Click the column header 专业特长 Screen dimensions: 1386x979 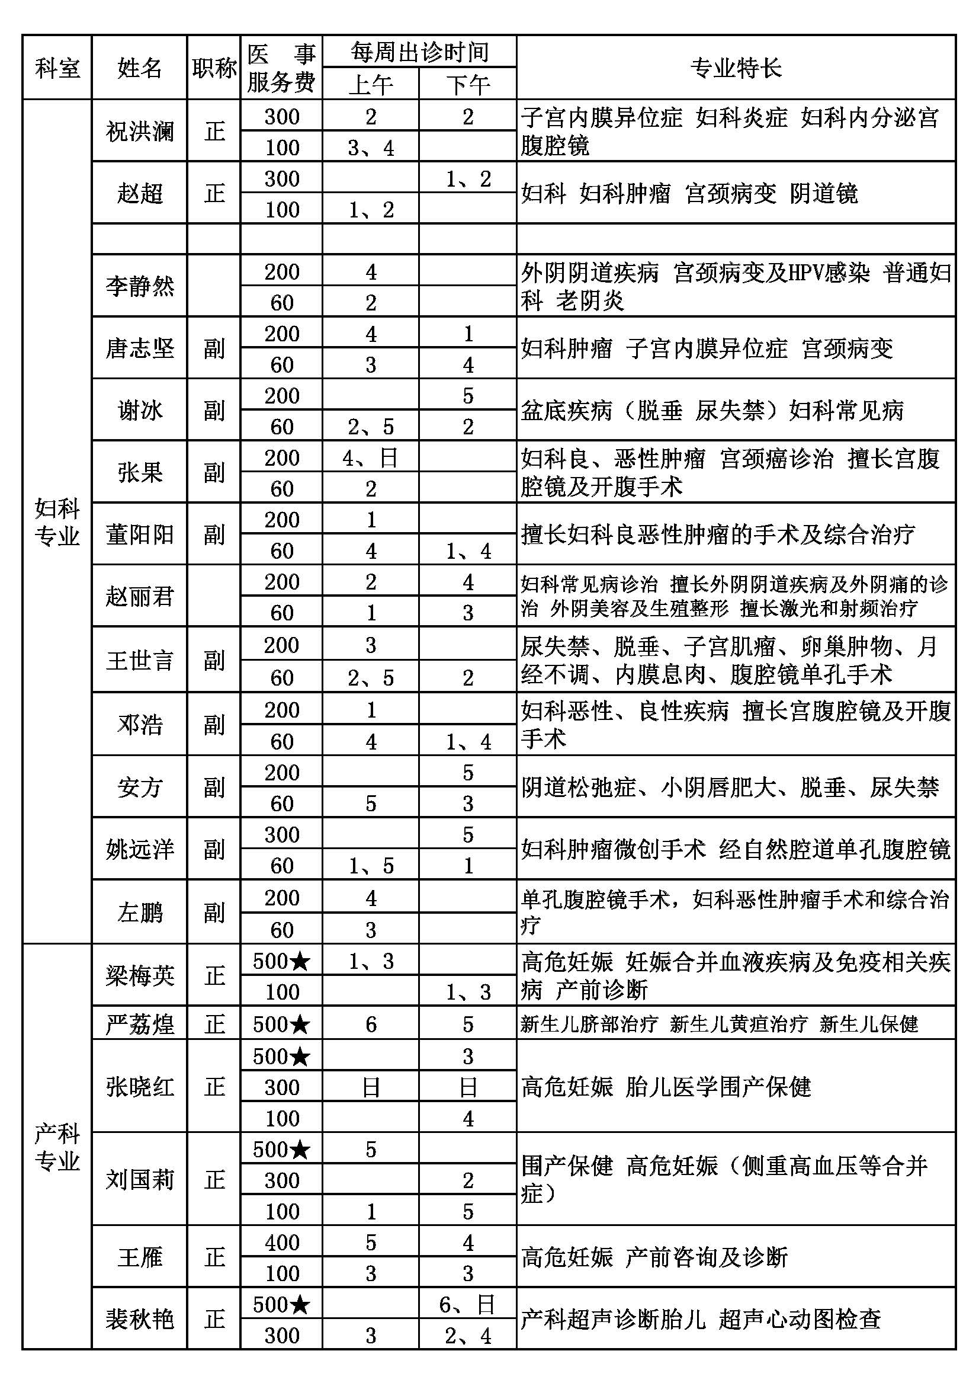click(736, 68)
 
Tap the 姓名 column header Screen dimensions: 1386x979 click(139, 68)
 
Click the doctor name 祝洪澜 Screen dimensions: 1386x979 click(139, 132)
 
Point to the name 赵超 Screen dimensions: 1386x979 click(139, 194)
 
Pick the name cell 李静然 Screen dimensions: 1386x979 click(139, 286)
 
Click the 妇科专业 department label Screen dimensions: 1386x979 click(57, 522)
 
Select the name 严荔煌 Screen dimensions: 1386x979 click(139, 1025)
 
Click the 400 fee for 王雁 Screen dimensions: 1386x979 click(281, 1243)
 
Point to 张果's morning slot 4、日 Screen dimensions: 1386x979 click(370, 458)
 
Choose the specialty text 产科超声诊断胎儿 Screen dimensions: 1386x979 click(612, 1319)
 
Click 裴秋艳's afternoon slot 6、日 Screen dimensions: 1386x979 click(467, 1304)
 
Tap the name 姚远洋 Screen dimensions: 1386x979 click(139, 850)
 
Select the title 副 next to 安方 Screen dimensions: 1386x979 click(214, 787)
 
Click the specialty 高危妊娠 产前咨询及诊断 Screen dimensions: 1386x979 click(654, 1257)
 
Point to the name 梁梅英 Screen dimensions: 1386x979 click(139, 975)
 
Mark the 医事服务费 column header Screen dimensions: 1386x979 click(281, 68)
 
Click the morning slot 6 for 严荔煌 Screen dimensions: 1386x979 click(370, 1025)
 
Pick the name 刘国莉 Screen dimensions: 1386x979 click(139, 1180)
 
